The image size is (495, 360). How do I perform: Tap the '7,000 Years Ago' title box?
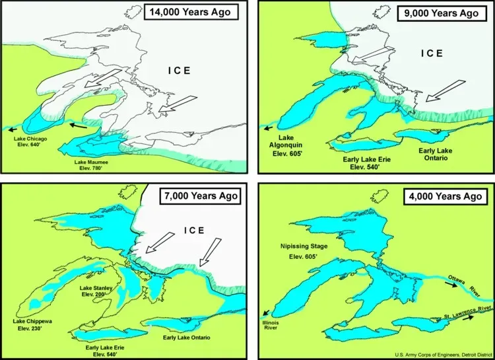pyautogui.click(x=201, y=196)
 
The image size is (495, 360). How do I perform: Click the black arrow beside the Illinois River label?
pyautogui.click(x=265, y=314)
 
